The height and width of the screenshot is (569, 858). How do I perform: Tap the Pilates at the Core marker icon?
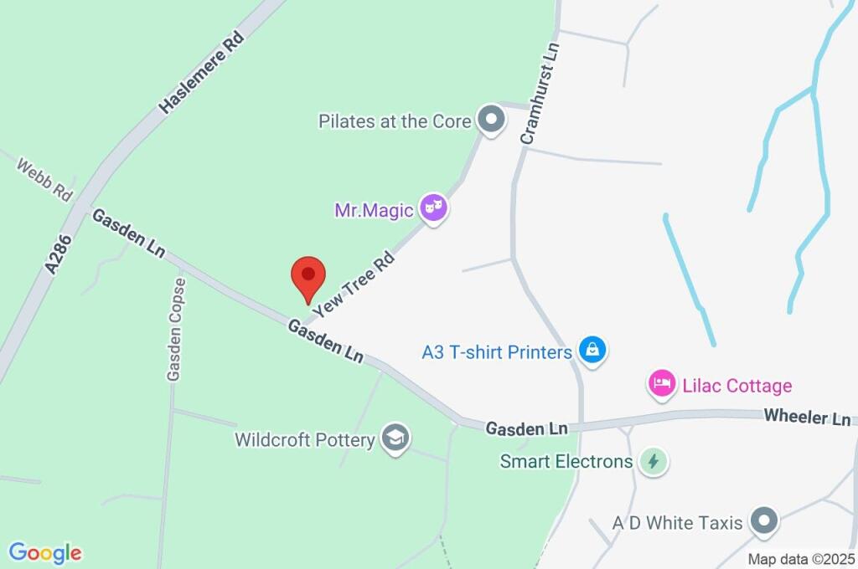491,120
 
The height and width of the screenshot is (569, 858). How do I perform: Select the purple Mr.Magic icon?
433,208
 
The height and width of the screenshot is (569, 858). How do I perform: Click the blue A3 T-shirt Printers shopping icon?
592,351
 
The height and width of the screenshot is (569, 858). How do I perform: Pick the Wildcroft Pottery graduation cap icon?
394,438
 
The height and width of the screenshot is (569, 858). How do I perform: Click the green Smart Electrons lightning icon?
653,460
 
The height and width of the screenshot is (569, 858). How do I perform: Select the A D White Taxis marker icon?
763,522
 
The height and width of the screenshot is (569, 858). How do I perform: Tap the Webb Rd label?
44,177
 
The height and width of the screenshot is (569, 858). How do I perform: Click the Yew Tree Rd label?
353,284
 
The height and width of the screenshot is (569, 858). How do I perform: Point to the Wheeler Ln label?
806,418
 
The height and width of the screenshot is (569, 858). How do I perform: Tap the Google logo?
45,552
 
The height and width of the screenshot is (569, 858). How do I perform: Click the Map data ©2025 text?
801,559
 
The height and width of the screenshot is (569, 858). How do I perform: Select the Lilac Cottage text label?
735,386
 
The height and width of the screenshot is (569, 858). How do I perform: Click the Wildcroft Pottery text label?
304,439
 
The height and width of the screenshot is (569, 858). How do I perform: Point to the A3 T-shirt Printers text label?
497,352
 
